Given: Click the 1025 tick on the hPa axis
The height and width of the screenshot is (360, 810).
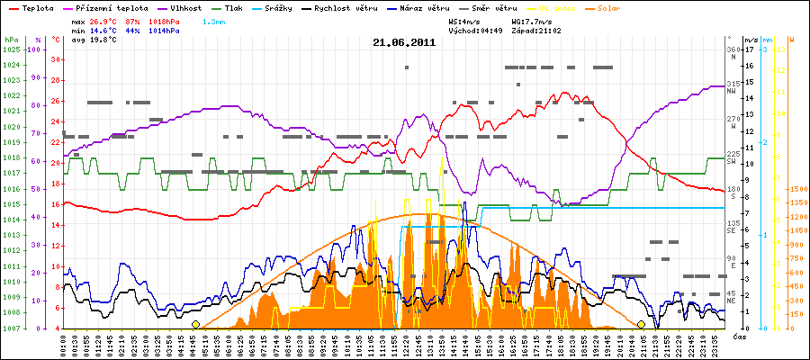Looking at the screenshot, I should (11, 49).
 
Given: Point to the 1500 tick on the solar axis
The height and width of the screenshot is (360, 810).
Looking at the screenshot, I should (798, 189).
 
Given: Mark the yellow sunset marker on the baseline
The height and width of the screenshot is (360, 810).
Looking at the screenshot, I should (641, 324).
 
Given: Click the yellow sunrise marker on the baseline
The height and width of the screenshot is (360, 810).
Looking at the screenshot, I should (195, 324).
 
